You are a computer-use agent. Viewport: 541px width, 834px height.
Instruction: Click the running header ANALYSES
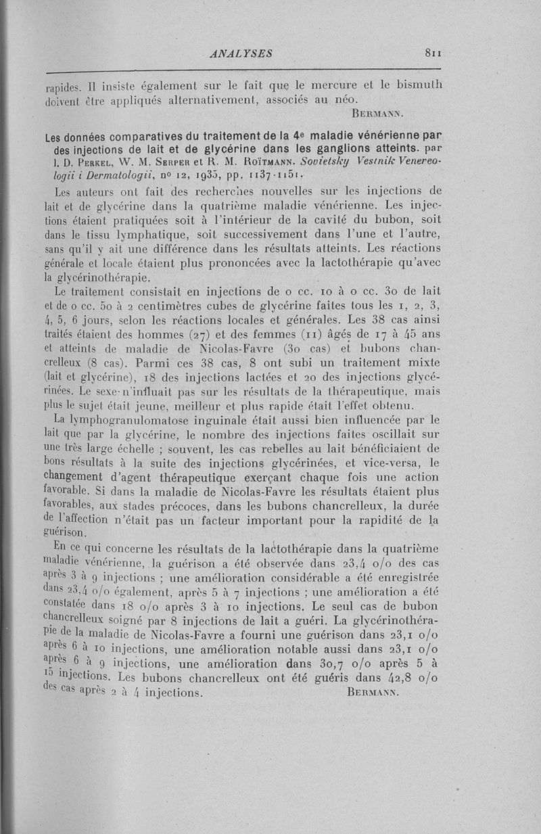(x=241, y=53)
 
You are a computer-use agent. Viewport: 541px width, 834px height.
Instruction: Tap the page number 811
(x=429, y=53)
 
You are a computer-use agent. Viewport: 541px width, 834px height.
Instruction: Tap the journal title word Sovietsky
(x=308, y=162)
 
